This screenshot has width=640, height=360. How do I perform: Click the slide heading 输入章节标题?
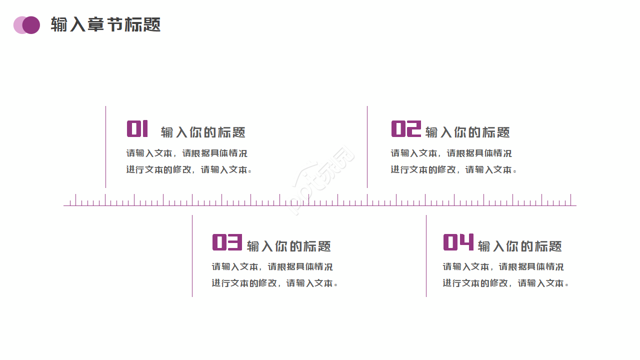[105, 24]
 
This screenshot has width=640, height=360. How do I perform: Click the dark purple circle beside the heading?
[31, 25]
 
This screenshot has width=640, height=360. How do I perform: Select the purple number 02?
[405, 129]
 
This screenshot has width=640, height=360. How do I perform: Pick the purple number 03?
[227, 242]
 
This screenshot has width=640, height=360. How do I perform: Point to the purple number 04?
[458, 242]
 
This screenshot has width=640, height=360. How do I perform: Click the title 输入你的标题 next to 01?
[203, 132]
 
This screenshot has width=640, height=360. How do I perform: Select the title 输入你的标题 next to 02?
[467, 132]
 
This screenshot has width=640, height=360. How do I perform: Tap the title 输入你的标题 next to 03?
[288, 246]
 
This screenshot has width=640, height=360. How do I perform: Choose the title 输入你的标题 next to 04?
[519, 246]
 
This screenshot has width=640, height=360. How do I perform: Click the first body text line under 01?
[186, 153]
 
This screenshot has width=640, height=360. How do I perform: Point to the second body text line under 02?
[453, 170]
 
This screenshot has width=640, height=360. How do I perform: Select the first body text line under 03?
[272, 267]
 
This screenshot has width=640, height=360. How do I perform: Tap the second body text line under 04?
[505, 283]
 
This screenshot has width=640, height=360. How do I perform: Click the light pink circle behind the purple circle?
[17, 25]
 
